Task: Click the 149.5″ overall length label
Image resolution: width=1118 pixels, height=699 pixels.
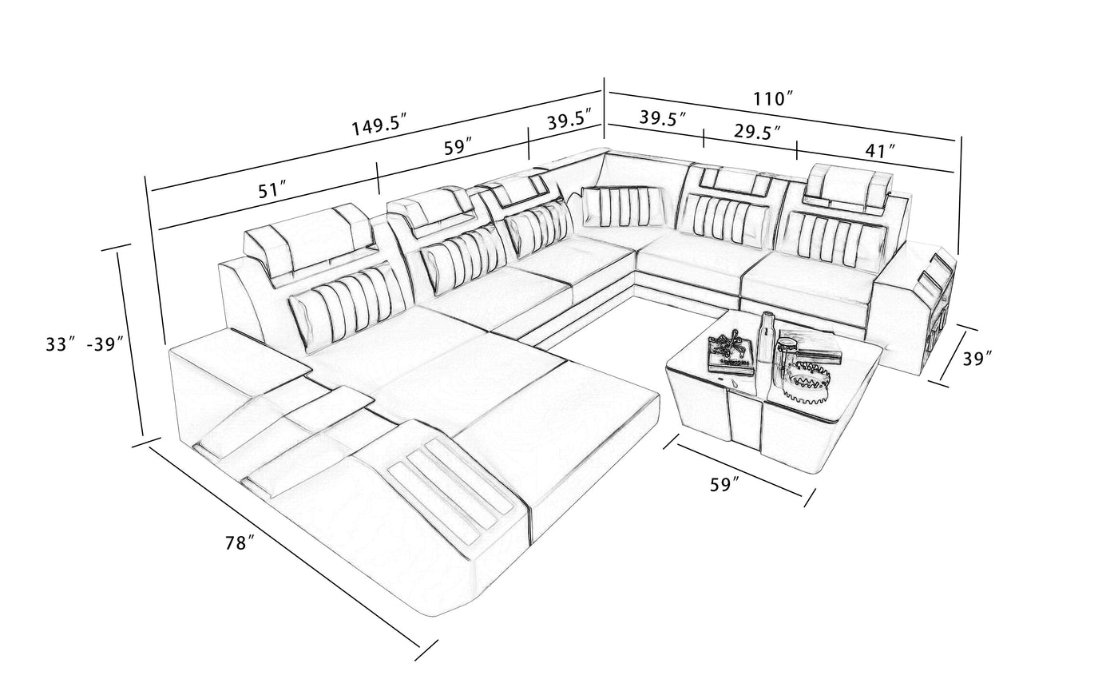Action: pyautogui.click(x=379, y=125)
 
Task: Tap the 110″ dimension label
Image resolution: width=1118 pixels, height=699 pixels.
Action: pyautogui.click(x=773, y=99)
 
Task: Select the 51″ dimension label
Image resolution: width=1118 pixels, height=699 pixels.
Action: pyautogui.click(x=272, y=191)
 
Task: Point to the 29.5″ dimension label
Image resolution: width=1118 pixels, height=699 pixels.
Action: pyautogui.click(x=757, y=132)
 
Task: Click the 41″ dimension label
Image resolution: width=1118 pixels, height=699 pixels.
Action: pyautogui.click(x=880, y=150)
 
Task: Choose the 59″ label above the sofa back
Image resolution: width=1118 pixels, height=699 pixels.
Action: pyautogui.click(x=458, y=148)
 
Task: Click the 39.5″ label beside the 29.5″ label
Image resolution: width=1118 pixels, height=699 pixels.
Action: pyautogui.click(x=663, y=118)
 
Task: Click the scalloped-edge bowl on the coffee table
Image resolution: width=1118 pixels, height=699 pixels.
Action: pyautogui.click(x=806, y=382)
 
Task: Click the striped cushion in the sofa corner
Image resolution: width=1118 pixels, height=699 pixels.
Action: pyautogui.click(x=624, y=207)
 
